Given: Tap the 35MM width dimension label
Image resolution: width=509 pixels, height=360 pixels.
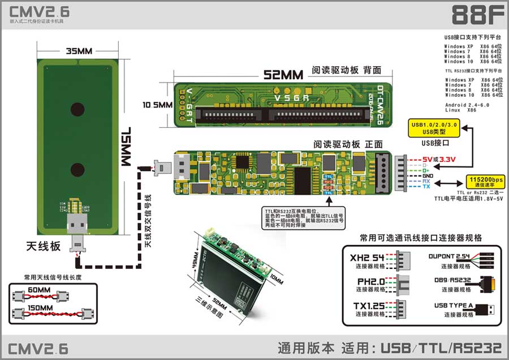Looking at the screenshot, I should (x=79, y=52).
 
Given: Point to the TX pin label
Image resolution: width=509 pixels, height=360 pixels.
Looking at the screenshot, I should (x=426, y=186).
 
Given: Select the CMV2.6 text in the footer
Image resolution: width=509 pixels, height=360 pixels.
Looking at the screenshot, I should (x=38, y=346).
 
